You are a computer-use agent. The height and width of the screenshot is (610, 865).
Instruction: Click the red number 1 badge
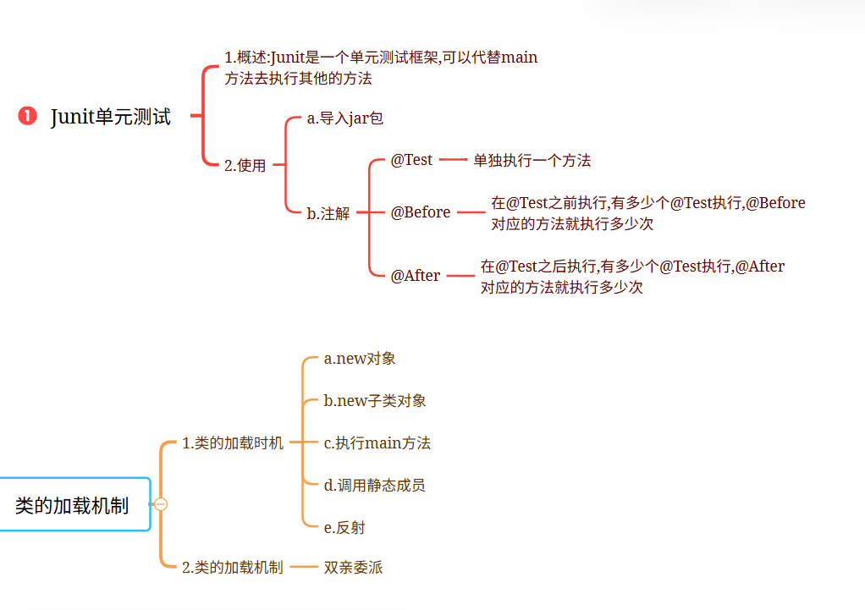pos(27,117)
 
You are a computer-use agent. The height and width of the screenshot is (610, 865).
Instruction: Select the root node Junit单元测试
pos(111,117)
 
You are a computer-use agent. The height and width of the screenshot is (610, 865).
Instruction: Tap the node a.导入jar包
pos(345,118)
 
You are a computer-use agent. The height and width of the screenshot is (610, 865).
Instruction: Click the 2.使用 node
pos(245,166)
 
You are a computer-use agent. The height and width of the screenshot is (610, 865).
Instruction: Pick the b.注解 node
pos(328,213)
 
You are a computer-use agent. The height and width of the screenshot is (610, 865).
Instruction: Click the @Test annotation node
pos(411,160)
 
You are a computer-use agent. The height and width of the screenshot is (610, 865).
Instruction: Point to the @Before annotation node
pos(420,212)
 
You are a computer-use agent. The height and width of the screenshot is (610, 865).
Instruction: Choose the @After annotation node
pos(415,276)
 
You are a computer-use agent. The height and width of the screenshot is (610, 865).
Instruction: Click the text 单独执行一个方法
pos(532,161)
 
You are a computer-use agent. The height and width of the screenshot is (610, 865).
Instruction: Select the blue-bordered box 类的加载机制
pos(73,505)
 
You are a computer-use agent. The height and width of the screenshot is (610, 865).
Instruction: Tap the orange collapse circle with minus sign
pos(161,504)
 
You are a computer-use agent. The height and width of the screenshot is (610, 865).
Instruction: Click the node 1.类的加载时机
pos(233,443)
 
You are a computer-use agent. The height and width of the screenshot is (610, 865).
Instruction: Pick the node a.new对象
pos(360,359)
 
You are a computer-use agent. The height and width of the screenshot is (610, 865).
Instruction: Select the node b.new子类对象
pos(375,401)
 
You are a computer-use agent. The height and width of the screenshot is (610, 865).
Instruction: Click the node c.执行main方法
pos(377,443)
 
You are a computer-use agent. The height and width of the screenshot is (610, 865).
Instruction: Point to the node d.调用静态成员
pos(374,486)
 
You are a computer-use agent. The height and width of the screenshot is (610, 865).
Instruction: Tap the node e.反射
pos(344,528)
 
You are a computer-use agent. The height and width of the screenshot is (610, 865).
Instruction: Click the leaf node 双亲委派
pos(353,568)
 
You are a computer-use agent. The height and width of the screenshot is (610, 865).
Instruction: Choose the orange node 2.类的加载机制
pos(233,568)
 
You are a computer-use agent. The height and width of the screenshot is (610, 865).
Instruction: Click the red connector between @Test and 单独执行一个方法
pos(453,160)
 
